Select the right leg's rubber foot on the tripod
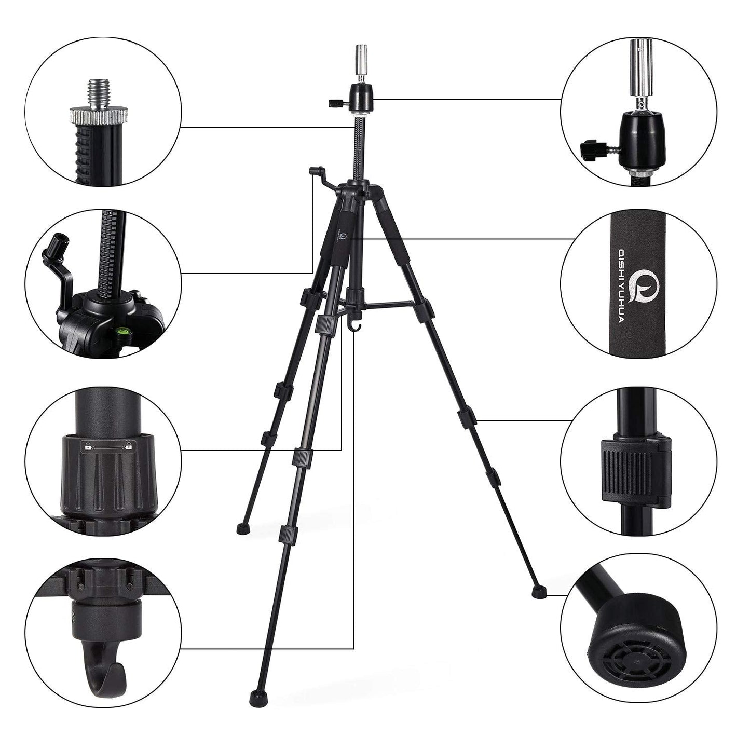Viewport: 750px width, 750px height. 537,590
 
